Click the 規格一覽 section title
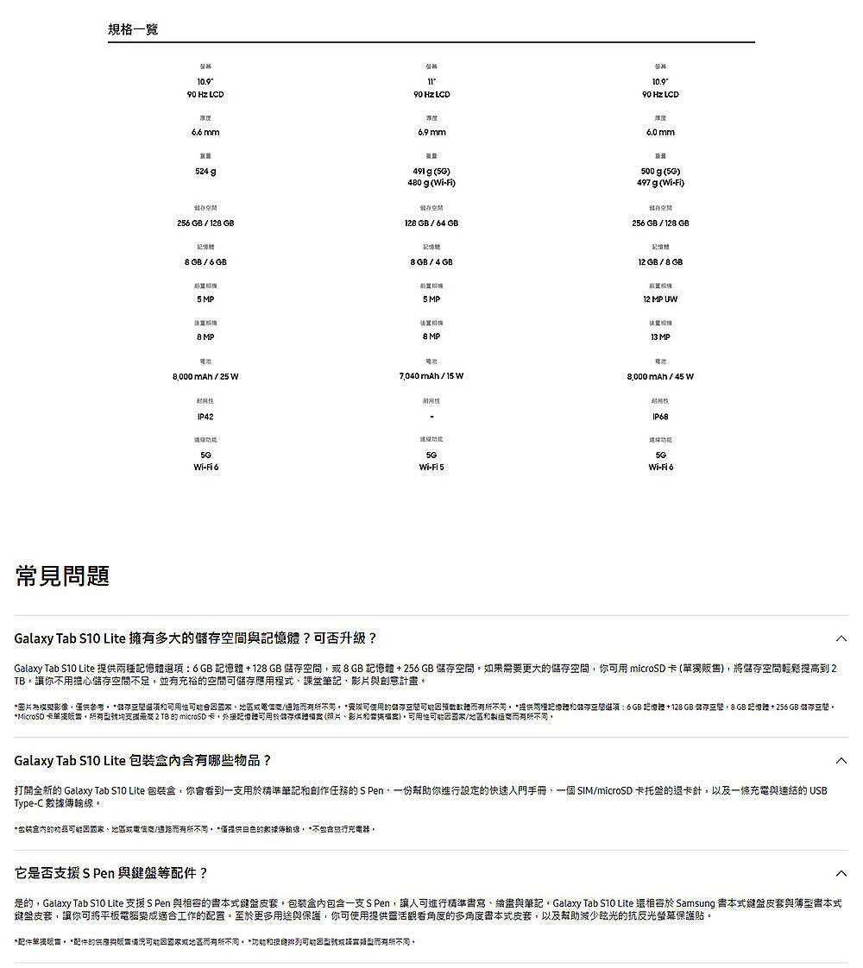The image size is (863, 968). [x=133, y=30]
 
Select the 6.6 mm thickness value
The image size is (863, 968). [x=205, y=132]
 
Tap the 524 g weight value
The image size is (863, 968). [x=205, y=171]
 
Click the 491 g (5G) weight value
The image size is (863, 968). [x=431, y=171]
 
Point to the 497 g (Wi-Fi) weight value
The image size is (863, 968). [x=660, y=183]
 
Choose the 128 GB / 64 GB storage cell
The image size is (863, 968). [x=431, y=223]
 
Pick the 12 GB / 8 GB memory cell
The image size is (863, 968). [x=660, y=261]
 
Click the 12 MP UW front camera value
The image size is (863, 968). [x=660, y=299]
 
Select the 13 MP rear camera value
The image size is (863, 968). [x=660, y=337]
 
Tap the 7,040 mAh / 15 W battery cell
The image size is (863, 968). [x=431, y=376]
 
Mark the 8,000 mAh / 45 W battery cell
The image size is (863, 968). [x=660, y=376]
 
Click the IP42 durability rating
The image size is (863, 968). [x=205, y=417]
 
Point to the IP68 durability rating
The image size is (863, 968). [x=660, y=417]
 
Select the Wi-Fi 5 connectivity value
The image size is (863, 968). [x=431, y=467]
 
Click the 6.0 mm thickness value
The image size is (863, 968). [x=660, y=132]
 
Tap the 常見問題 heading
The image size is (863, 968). [x=62, y=575]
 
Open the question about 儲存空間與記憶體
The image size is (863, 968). [x=196, y=638]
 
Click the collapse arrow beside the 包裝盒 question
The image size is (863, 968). [x=841, y=761]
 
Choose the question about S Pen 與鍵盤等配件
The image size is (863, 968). [x=111, y=873]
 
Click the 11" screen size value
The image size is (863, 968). [x=431, y=80]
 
